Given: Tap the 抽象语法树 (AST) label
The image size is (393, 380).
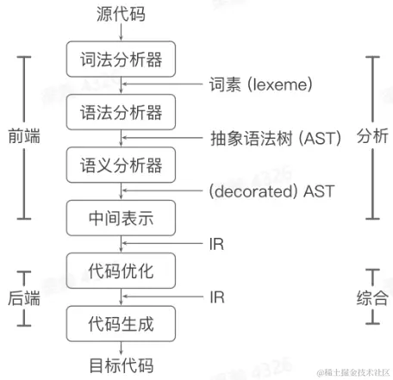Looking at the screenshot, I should click(x=276, y=138).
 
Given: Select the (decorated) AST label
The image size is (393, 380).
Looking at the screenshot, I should click(x=271, y=190).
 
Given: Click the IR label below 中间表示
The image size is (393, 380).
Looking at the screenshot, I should click(x=216, y=244).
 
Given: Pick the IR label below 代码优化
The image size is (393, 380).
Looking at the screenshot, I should click(x=216, y=297).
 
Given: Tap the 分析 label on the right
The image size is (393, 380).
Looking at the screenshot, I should click(x=372, y=138).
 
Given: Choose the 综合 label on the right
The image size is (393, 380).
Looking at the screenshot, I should click(x=372, y=297).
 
